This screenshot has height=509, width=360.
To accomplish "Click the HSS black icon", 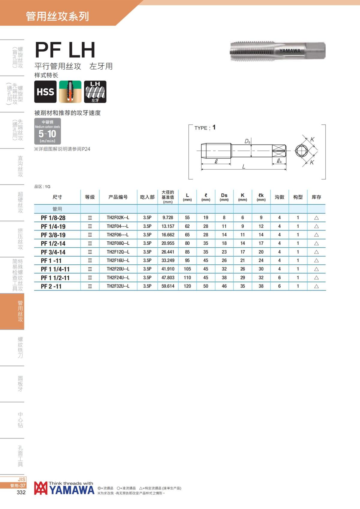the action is click(x=45, y=91).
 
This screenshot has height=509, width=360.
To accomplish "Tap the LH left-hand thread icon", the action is click(x=95, y=91).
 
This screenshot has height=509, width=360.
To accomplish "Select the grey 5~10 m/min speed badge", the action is click(x=47, y=131).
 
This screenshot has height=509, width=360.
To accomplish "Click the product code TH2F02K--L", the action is click(x=118, y=217).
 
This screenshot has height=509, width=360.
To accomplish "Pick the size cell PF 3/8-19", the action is click(x=53, y=235).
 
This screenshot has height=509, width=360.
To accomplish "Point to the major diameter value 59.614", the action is click(x=168, y=286).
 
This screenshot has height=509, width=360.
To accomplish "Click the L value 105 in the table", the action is click(x=187, y=269).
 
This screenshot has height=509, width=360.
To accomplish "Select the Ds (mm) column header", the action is click(x=224, y=197).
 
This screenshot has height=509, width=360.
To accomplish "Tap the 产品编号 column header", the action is click(x=118, y=197).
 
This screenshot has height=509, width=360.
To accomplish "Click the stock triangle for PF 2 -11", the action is click(x=316, y=286).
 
